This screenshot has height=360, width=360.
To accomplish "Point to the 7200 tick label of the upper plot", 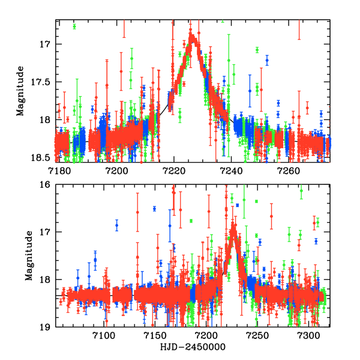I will tap(116, 169).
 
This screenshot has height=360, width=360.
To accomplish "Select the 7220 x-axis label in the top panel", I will tap(174, 169).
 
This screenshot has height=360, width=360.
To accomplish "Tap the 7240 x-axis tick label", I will tap(232, 169).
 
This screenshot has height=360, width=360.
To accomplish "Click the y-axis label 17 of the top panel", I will tap(46, 44).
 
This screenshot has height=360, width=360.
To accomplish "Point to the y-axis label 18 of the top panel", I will tap(46, 119).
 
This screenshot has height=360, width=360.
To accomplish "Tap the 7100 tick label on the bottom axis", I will tap(104, 335).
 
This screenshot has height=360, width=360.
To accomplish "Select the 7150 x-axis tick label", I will tap(155, 335).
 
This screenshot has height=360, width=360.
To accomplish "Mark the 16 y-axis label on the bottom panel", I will tap(46, 185).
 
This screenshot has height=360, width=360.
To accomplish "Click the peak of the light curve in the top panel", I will tap(193, 37).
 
